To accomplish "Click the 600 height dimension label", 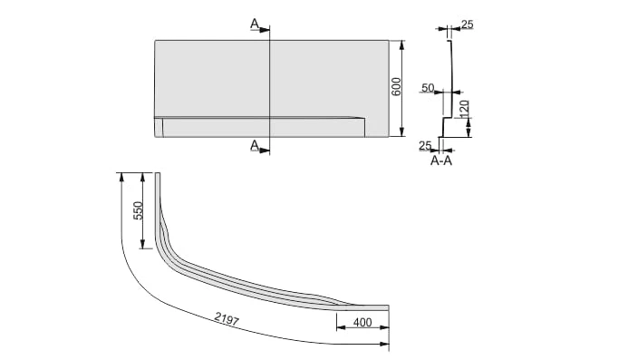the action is [x=396, y=86].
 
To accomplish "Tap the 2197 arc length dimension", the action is [x=227, y=318].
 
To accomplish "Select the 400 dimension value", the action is [x=362, y=322].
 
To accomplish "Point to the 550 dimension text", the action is [x=138, y=210].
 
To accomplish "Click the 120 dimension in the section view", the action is [x=464, y=109].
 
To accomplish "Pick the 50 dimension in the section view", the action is [x=428, y=87].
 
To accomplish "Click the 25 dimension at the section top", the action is [x=467, y=24].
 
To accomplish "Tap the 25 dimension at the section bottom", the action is [x=425, y=145].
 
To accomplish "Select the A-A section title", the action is [x=441, y=161].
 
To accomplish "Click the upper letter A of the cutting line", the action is [x=255, y=24].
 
